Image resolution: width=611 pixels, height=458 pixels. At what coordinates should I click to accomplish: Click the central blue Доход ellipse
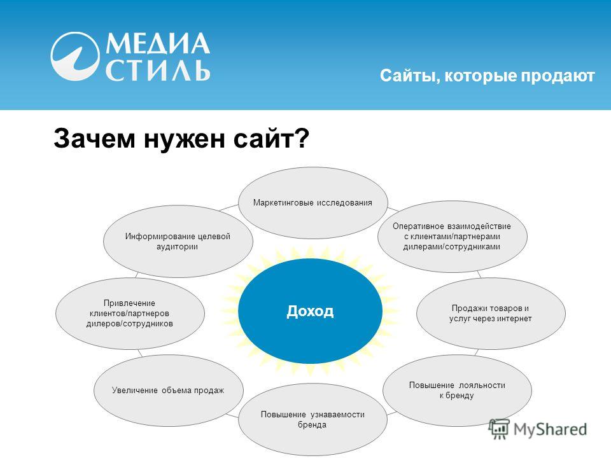coord(310,311)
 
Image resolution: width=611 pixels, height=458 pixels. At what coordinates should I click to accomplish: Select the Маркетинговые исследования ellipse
coord(313,202)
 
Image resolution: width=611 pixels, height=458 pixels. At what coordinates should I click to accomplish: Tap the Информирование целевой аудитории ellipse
coord(178,242)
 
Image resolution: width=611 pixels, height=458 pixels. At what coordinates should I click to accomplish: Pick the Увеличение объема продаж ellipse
coord(168,390)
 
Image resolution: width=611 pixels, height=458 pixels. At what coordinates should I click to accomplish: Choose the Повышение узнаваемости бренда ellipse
coord(313,419)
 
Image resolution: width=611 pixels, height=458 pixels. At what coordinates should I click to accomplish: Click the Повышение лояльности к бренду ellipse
coord(457,390)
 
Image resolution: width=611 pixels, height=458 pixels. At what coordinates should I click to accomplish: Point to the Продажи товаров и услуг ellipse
coord(491,313)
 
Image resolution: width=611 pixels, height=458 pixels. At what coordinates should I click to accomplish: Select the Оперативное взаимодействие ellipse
coord(452,237)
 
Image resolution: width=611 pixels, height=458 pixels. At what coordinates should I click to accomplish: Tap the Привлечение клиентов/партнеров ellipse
coord(130,313)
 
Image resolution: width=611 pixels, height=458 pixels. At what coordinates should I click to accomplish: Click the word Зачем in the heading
coord(94,138)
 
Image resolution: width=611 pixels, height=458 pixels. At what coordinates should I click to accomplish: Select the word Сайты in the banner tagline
coord(410,76)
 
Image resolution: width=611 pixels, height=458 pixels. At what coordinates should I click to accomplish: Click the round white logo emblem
coord(74,56)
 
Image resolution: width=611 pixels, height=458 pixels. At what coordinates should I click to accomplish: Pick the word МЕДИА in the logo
coord(157,44)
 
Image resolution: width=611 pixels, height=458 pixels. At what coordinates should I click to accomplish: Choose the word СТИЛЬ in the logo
coord(158,71)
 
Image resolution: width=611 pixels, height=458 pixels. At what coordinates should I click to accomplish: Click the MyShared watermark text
coord(550,429)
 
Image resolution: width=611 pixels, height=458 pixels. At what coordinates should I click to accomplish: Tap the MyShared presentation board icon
coord(499,429)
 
